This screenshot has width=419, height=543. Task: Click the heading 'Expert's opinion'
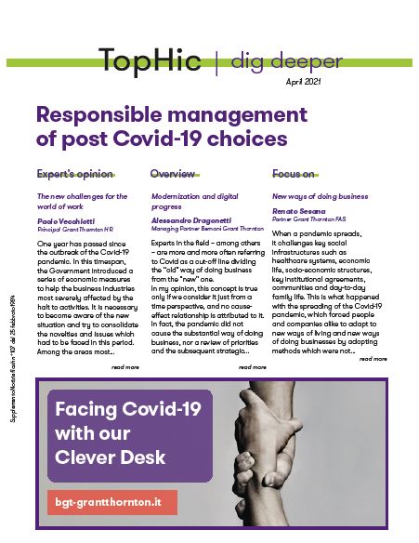click(75, 174)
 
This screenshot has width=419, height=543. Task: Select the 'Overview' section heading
click(172, 174)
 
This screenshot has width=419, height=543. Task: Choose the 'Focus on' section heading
click(294, 174)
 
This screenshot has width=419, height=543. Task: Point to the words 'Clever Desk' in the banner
click(111, 457)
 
